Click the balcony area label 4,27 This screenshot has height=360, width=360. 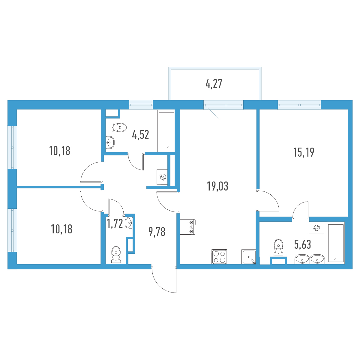214,84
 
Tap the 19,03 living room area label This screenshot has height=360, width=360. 217,186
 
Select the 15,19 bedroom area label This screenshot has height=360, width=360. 304,152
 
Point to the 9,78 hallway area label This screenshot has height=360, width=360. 157,232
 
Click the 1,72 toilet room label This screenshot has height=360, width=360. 115,223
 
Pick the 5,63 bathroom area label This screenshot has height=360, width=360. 302,244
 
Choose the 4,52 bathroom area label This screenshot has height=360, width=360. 140,135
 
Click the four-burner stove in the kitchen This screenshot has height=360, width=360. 219,257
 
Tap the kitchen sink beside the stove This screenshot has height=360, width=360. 249,257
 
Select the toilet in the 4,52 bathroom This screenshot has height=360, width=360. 118,127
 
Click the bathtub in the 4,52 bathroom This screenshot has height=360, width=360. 166,131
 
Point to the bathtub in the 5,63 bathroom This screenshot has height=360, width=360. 335,243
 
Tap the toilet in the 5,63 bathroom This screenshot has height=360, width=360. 278,247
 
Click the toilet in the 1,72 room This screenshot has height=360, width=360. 116,255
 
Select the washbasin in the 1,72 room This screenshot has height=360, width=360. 129,223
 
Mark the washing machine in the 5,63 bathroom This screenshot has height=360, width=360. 316,227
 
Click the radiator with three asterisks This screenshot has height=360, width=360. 188,227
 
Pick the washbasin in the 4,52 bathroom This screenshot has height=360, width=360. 110,142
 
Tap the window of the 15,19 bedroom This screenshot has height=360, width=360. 299,105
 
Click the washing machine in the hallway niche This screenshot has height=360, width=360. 162,177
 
